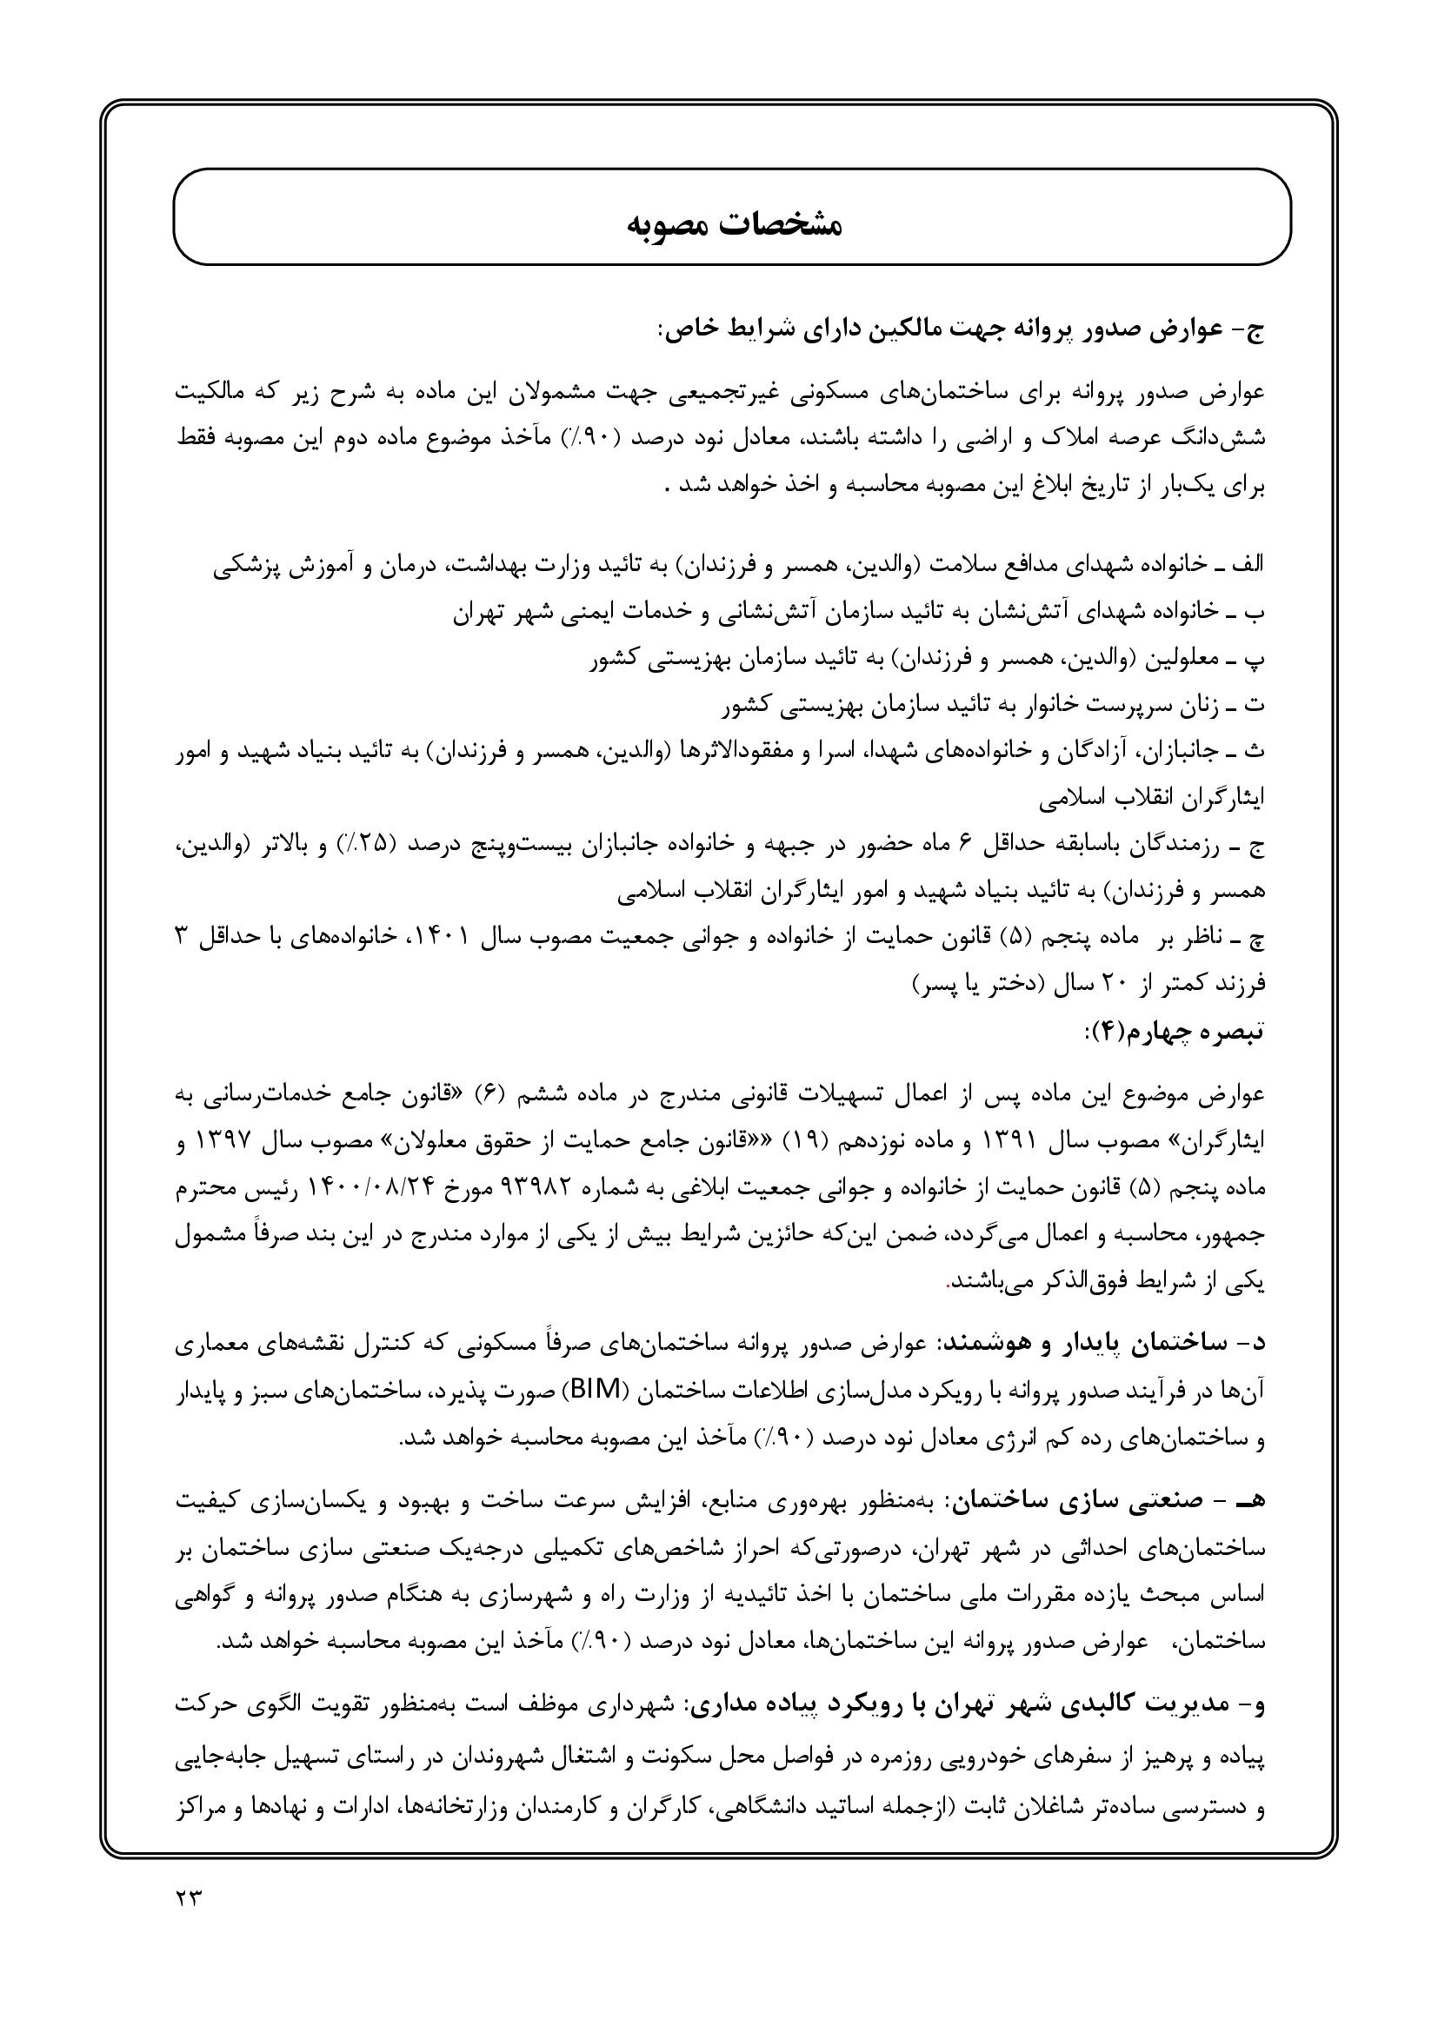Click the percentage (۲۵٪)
click(367, 846)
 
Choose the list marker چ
click(1256, 939)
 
